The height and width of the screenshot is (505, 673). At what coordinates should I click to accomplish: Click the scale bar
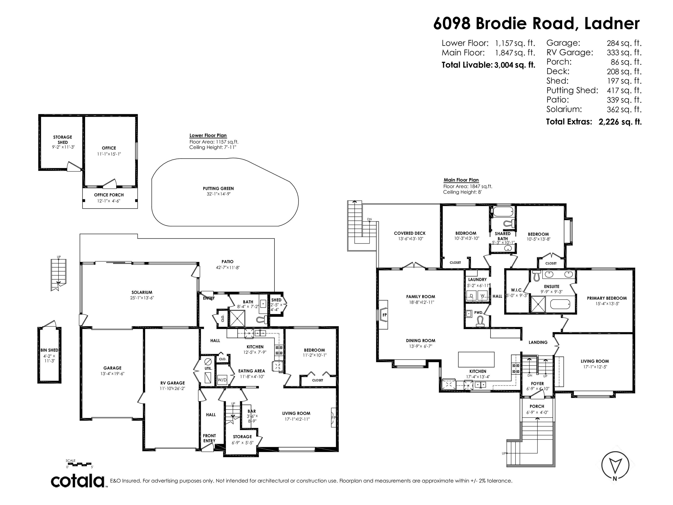click(79, 464)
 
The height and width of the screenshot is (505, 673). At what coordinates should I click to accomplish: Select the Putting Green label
click(218, 188)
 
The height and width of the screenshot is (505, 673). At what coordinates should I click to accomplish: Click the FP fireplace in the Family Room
click(384, 315)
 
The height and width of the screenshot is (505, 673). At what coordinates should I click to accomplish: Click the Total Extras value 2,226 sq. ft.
click(620, 122)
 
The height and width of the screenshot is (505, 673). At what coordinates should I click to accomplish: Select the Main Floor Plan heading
click(461, 180)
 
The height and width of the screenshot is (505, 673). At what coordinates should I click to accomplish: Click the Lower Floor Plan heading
click(208, 135)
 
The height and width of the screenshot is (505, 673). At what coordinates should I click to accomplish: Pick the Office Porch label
click(109, 195)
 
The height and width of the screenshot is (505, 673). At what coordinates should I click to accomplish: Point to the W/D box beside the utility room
click(222, 380)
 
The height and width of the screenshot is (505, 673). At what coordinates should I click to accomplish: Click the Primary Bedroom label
click(607, 298)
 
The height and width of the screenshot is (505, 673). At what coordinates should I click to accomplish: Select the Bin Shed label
click(49, 350)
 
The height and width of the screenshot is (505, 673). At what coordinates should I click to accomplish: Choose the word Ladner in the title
click(612, 23)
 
